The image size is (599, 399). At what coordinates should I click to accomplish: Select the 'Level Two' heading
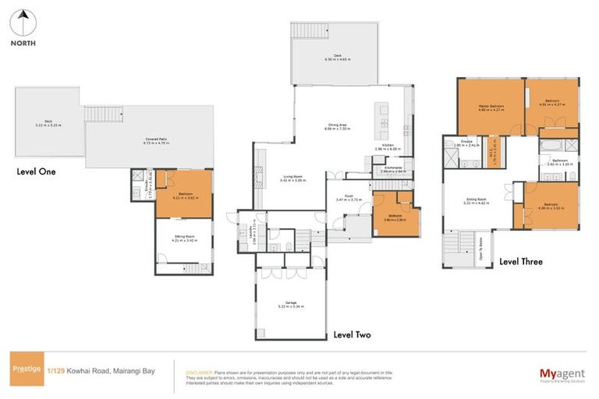click(352, 335)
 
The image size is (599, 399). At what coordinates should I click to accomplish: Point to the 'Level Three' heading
click(521, 262)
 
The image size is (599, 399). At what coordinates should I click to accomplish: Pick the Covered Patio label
click(156, 140)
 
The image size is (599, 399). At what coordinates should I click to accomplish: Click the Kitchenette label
click(393, 169)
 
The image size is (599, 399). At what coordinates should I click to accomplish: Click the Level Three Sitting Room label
click(477, 201)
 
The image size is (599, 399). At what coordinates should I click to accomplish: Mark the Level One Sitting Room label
click(184, 239)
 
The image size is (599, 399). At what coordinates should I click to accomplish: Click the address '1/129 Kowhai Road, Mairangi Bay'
click(101, 371)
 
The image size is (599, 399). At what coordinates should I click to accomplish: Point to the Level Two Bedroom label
click(395, 218)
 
